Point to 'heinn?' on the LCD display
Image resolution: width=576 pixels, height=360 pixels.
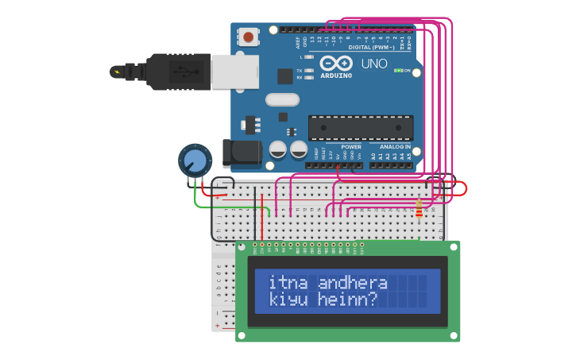pos(346,300)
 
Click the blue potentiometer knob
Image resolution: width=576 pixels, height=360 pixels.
pos(194,161)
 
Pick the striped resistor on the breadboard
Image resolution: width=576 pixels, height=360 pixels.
pos(419,209)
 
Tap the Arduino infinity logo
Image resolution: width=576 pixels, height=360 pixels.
pos(336,64)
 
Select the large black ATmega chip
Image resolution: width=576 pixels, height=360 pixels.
pos(361,127)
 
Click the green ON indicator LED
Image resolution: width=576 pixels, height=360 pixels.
pos(398,71)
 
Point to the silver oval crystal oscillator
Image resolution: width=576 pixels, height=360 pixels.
pos(282,99)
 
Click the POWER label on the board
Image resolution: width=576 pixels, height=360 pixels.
pos(351,147)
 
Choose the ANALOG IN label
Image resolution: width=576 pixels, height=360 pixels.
pos(395,147)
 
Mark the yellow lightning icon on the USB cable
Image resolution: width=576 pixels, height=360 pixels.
pos(118,72)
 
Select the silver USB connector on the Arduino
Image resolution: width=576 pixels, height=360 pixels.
pos(235,72)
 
